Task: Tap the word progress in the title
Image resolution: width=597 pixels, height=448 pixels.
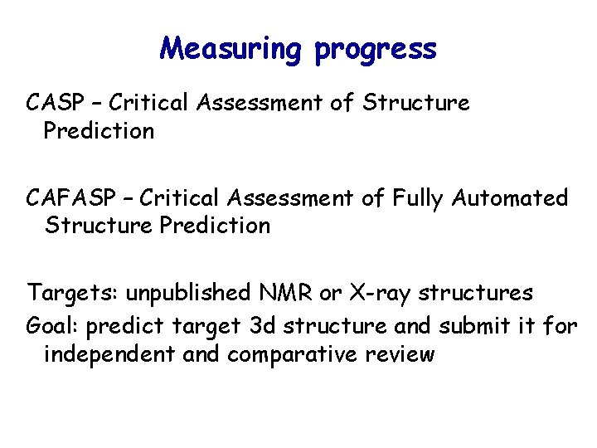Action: [x=375, y=51]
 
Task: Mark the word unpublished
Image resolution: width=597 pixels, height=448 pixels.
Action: [x=177, y=294]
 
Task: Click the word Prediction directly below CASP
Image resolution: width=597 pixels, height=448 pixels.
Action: [x=99, y=131]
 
